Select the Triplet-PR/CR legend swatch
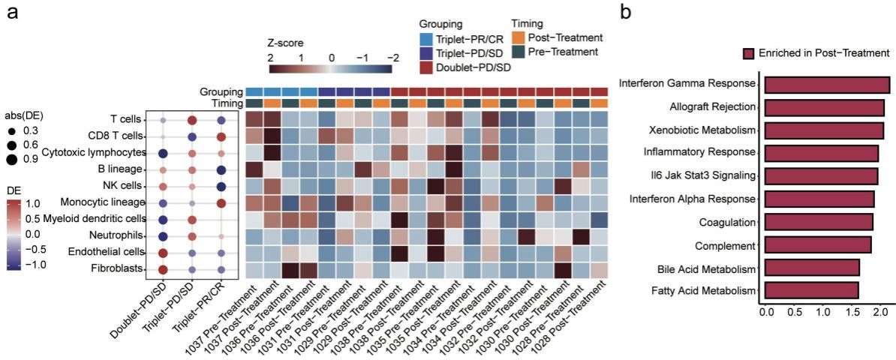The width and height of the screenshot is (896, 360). click(427, 37)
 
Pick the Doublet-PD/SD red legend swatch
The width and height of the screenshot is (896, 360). click(427, 67)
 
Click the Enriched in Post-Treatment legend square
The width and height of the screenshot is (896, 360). click(748, 53)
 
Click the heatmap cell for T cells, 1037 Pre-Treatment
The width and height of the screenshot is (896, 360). click(254, 120)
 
